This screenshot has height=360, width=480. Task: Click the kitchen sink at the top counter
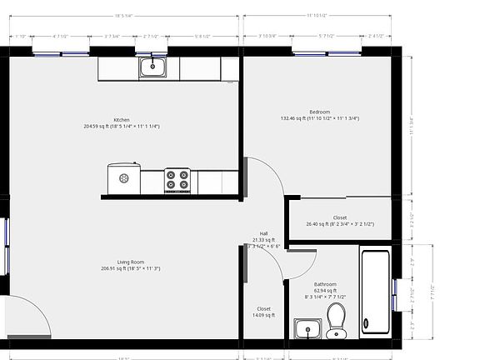[154, 67]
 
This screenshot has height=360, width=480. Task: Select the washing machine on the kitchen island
[124, 178]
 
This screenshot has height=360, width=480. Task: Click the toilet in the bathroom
[337, 319]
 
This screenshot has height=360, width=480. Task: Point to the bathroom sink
[308, 329]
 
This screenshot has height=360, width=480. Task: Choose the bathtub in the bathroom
[375, 291]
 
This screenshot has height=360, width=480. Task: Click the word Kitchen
[122, 120]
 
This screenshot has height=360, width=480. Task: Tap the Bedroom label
[320, 112]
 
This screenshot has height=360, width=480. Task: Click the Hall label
[263, 233]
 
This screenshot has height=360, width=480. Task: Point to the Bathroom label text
[325, 283]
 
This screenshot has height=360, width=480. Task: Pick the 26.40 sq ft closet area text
[339, 224]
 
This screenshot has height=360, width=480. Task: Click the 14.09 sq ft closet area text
[263, 315]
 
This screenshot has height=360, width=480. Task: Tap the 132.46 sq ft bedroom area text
[320, 118]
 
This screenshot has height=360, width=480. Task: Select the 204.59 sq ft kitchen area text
[122, 127]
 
